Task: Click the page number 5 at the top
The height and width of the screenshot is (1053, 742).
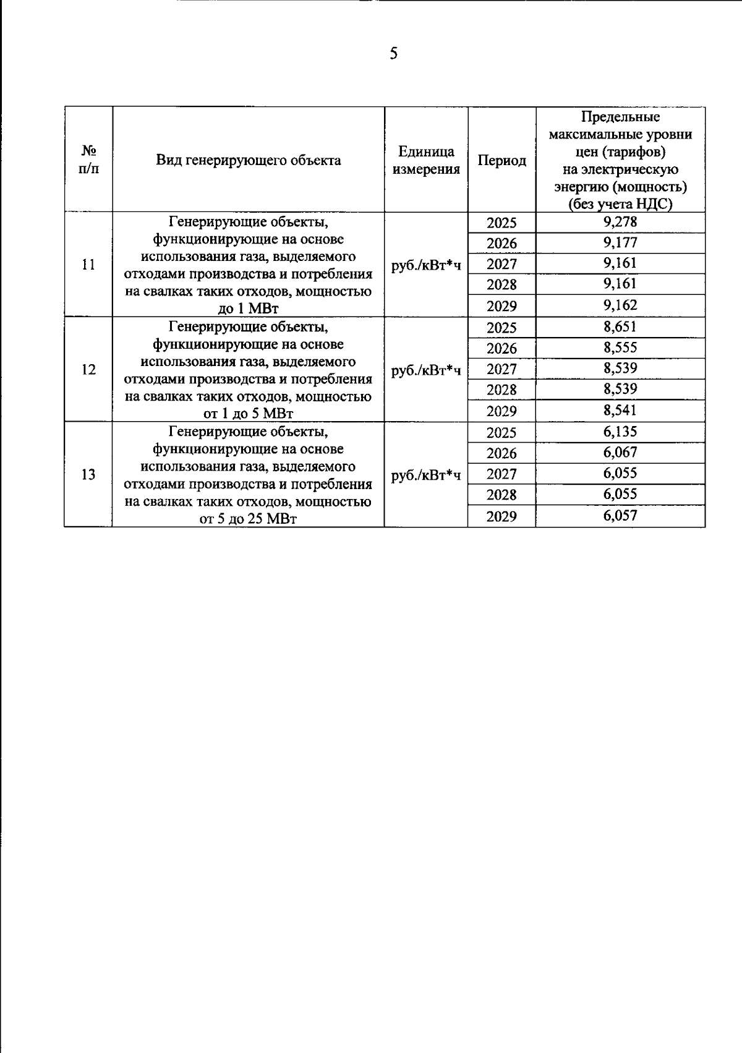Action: point(394,54)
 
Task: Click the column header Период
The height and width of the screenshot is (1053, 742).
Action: point(501,161)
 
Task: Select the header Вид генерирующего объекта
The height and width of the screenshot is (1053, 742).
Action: point(248,161)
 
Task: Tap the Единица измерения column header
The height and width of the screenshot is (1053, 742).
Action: point(426,161)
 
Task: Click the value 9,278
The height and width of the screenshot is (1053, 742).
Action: point(620,222)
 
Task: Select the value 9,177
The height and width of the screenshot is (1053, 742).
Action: point(620,242)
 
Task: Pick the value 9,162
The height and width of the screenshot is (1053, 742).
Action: point(620,305)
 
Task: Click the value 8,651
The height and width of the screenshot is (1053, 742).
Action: point(620,327)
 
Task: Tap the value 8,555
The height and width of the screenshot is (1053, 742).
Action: point(620,347)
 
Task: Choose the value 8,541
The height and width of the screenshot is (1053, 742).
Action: point(620,411)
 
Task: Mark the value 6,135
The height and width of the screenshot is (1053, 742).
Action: point(620,432)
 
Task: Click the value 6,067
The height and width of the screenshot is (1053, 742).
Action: point(620,453)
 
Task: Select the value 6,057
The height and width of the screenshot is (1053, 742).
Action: point(620,516)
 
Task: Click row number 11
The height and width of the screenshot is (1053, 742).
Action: point(88,265)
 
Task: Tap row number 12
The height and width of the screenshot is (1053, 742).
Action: point(88,370)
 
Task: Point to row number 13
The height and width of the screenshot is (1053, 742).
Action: point(88,474)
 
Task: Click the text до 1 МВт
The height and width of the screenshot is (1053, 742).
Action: point(248,309)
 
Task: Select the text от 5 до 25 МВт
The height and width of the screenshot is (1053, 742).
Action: point(248,519)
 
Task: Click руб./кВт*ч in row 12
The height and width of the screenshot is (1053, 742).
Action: point(426,370)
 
